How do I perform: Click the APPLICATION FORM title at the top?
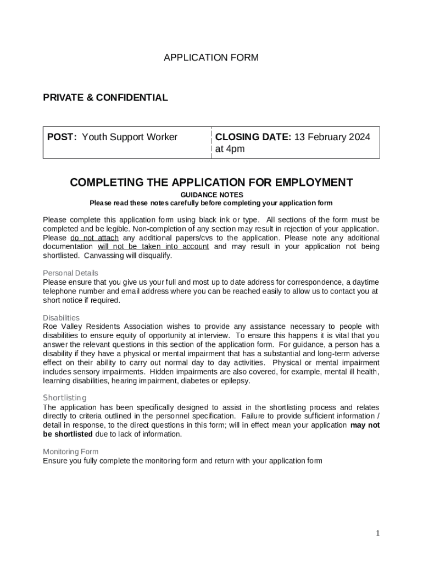[211, 58]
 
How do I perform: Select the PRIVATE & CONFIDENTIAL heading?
[105, 98]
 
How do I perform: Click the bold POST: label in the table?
[62, 137]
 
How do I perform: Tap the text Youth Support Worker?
[130, 137]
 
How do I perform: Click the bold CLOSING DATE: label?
[253, 137]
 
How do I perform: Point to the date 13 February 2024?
[332, 137]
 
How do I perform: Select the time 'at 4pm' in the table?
[230, 150]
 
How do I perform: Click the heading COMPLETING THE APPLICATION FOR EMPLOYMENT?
[211, 183]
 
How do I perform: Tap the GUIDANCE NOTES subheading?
[211, 195]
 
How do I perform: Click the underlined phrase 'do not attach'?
[94, 238]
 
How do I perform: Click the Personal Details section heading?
[70, 273]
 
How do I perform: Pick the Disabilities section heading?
[61, 318]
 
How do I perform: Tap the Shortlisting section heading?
[65, 398]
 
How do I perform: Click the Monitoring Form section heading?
[71, 452]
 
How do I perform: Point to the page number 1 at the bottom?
[377, 533]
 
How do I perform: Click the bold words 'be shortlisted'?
[68, 434]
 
